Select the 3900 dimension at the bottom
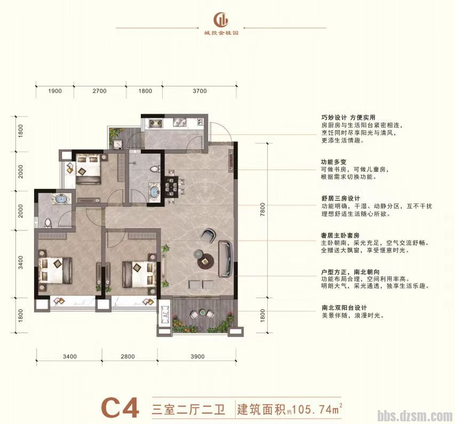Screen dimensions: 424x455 coord(197,356)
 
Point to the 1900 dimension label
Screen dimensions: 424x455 coord(55,91)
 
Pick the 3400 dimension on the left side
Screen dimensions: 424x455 coord(20,263)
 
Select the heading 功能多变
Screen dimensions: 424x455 coord(334,160)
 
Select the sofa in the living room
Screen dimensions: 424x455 coord(226,259)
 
